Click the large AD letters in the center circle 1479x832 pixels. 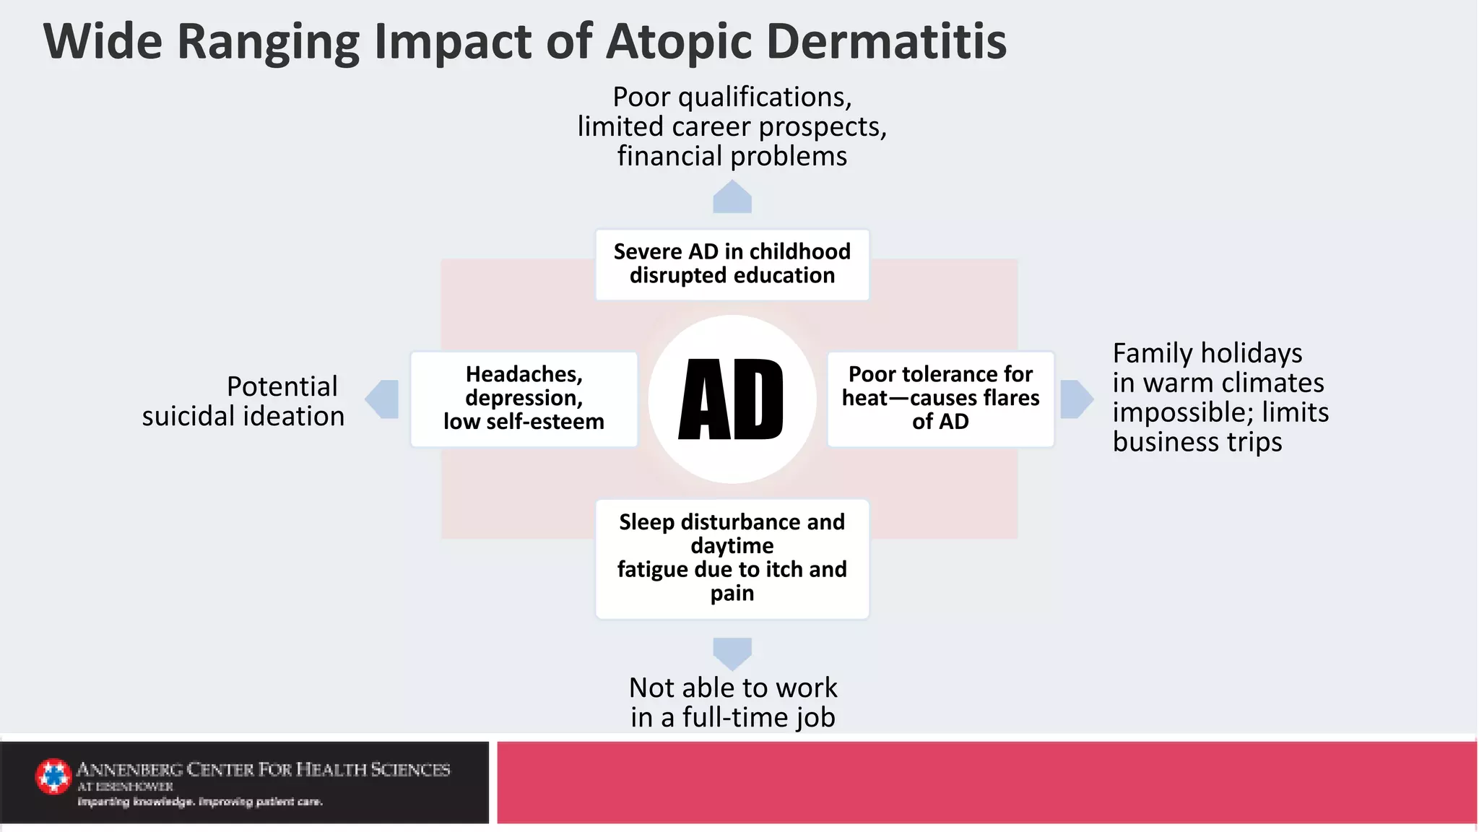tap(731, 400)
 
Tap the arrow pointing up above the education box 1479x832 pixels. tap(732, 197)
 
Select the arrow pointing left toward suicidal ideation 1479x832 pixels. tap(383, 399)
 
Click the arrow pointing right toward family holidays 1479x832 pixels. tap(1076, 399)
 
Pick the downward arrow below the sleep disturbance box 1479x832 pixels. tap(732, 653)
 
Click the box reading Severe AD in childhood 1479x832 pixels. tap(732, 264)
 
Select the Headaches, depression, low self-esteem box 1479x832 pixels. tap(524, 399)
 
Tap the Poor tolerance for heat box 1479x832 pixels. tap(940, 399)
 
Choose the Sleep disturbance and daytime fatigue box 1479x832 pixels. tap(732, 558)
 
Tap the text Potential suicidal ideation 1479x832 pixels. tap(243, 402)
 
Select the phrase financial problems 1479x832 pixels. tap(732, 157)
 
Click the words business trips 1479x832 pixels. tap(1197, 442)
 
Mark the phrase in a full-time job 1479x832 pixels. tap(732, 718)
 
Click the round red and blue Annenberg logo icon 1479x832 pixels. tap(53, 776)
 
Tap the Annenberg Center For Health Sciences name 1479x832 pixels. tap(263, 770)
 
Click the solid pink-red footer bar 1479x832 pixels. tap(986, 782)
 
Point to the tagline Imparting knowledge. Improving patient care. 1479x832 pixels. tap(200, 802)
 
